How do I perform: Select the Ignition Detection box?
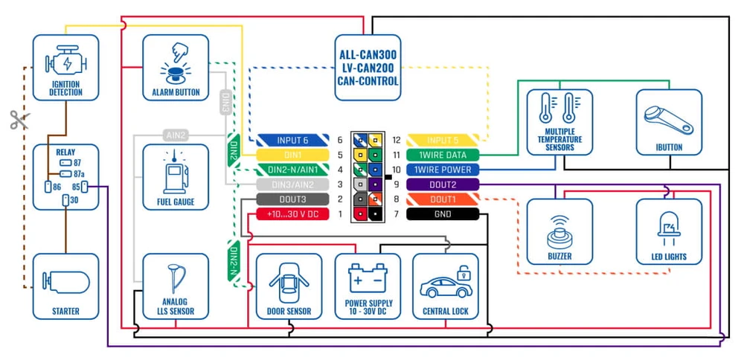[65, 68]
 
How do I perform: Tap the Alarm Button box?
[176, 68]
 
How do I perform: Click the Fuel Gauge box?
[176, 177]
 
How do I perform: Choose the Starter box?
[65, 286]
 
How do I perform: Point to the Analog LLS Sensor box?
[176, 286]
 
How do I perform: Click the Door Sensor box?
[289, 286]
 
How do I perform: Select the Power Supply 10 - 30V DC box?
[368, 286]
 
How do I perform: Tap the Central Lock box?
[445, 286]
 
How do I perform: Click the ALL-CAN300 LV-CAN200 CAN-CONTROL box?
[368, 68]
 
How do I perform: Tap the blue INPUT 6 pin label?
[292, 140]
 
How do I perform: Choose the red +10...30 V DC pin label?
[292, 214]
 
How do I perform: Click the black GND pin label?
[443, 214]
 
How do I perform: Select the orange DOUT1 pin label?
[443, 199]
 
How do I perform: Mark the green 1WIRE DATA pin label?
[443, 155]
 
